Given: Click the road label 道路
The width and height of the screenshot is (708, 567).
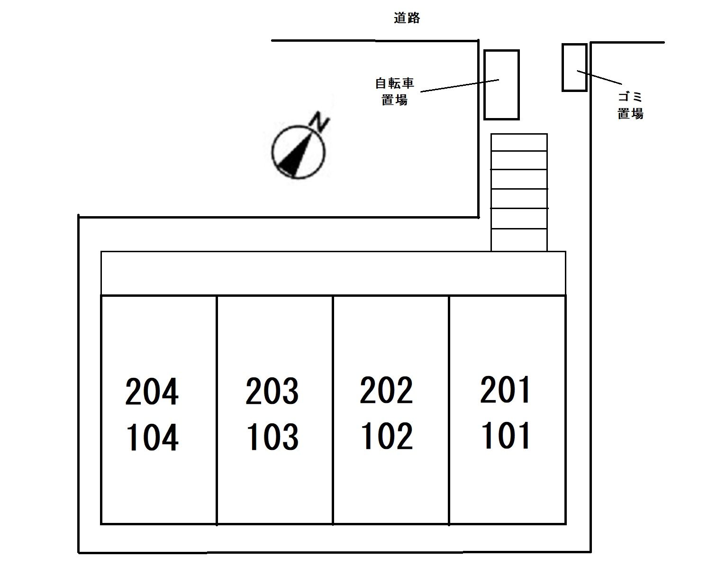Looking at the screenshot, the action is tap(407, 18).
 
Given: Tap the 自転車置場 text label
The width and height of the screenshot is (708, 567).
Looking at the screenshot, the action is tap(394, 91).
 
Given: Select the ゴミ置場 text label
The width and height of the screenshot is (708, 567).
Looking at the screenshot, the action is tap(630, 105).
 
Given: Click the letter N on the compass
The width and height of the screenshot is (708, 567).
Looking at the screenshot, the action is tap(319, 122).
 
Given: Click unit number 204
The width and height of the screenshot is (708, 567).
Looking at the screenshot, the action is tap(152, 391).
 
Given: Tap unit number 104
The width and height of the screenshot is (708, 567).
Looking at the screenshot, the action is tap(152, 437).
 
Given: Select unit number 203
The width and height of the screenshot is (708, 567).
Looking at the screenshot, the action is tap(272, 391).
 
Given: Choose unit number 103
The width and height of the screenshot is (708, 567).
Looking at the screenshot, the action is tap(273, 436).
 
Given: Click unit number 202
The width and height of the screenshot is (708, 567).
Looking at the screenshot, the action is tap(386, 390).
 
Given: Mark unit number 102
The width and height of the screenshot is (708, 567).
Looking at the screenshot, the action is tap(387, 436).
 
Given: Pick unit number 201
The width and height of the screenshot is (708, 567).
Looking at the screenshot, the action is tap(505, 390).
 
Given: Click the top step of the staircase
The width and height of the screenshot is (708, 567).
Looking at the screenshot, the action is tap(519, 142).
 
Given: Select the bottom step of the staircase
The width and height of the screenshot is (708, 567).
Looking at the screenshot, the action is tap(519, 240).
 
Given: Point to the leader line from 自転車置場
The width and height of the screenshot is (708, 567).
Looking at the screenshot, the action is tap(460, 85).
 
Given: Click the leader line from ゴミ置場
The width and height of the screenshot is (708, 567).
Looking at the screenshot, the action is tap(599, 77).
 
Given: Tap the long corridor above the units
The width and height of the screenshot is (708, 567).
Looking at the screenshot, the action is tap(333, 273).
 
